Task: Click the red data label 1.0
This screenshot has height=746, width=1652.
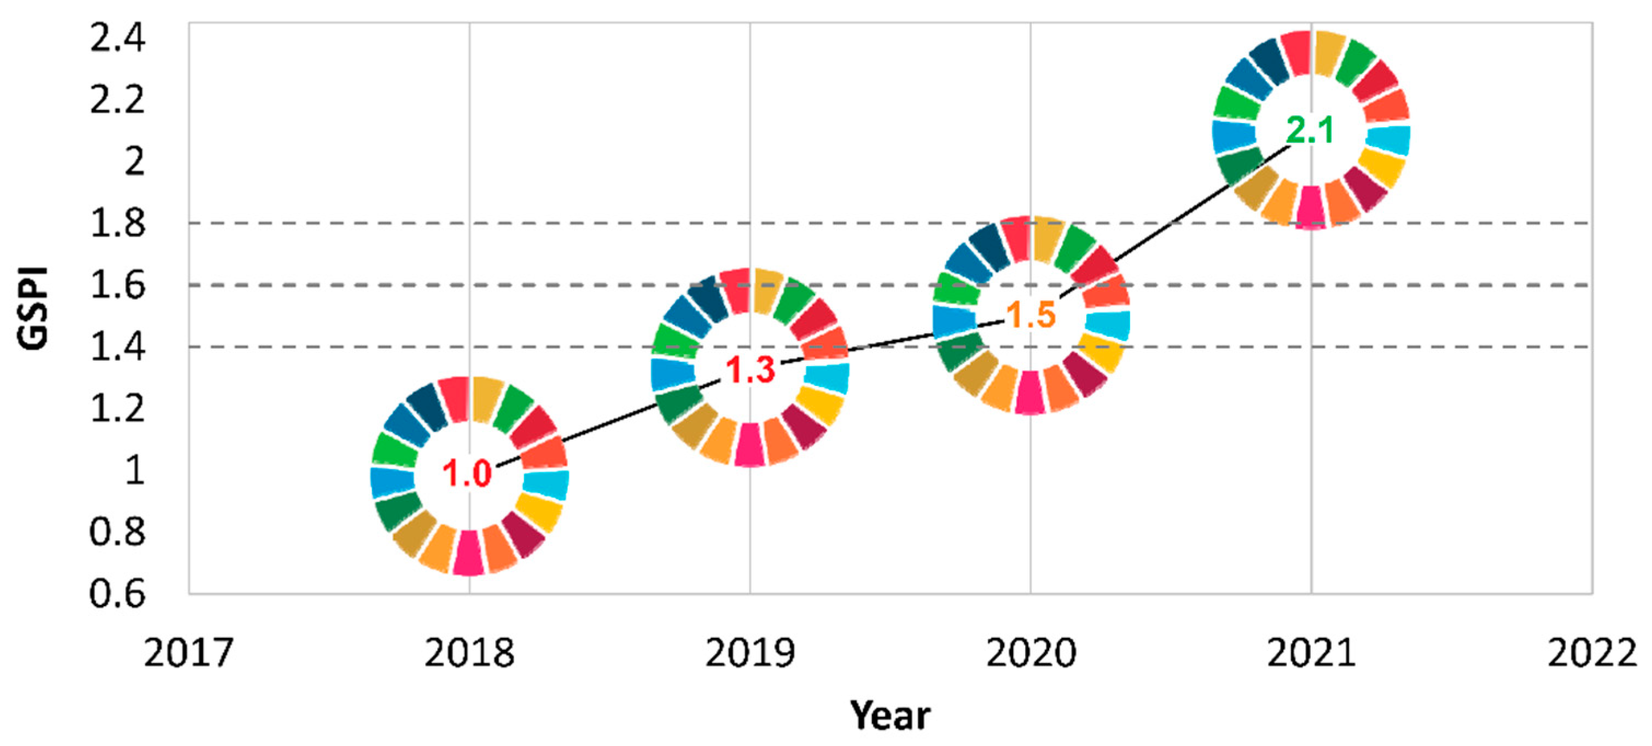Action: coord(467,474)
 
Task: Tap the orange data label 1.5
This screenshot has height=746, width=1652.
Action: coord(1031,315)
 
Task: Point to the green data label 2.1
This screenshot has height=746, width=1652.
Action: coord(1311,131)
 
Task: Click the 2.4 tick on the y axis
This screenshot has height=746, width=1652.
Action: coord(118,38)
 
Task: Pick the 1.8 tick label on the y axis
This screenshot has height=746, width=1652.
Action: coord(118,224)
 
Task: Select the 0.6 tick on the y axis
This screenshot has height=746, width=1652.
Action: coord(118,594)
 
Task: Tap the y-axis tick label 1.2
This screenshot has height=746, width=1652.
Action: coord(118,408)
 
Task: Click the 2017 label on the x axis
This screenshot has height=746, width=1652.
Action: coord(188,654)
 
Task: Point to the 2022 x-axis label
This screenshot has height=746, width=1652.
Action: coord(1592,654)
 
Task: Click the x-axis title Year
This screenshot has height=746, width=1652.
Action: coord(889,716)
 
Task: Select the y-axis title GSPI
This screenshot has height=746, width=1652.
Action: coord(33,308)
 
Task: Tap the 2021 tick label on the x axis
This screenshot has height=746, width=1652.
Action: coord(1311,654)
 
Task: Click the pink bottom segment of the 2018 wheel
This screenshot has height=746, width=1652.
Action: coord(468,553)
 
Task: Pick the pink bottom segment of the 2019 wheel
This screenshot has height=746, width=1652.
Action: coord(749,445)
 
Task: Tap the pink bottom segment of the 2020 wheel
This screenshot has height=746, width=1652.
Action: coord(1031,392)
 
